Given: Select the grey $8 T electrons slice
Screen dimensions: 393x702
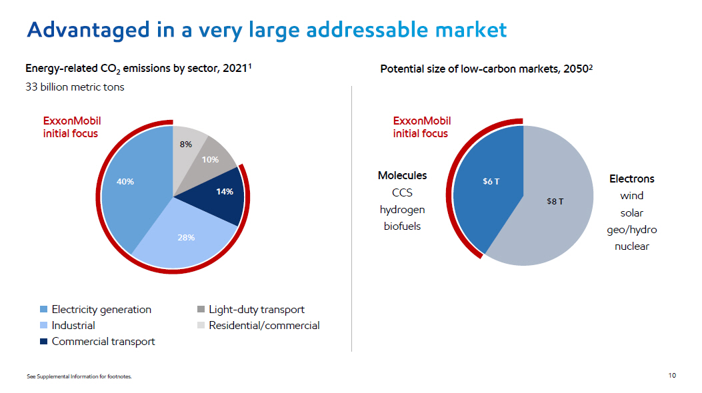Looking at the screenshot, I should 553,203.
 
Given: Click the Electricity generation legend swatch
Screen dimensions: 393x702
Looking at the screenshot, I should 44,310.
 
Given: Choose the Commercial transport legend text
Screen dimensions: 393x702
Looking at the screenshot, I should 103,342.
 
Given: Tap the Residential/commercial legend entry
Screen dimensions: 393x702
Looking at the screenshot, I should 264,326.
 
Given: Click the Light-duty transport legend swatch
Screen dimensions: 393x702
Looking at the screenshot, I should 201,310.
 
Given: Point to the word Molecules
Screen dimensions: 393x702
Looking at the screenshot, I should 402,176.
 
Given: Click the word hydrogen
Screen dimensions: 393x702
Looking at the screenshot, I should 402,210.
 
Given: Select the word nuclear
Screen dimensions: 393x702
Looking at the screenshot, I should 631,246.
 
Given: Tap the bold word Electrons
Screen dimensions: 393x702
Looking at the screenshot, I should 631,179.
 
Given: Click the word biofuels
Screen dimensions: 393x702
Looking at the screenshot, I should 402,226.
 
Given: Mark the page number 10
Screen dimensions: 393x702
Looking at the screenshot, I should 671,376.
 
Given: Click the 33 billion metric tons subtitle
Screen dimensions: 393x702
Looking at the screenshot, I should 75,87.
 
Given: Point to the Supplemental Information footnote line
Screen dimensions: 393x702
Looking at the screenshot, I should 79,377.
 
